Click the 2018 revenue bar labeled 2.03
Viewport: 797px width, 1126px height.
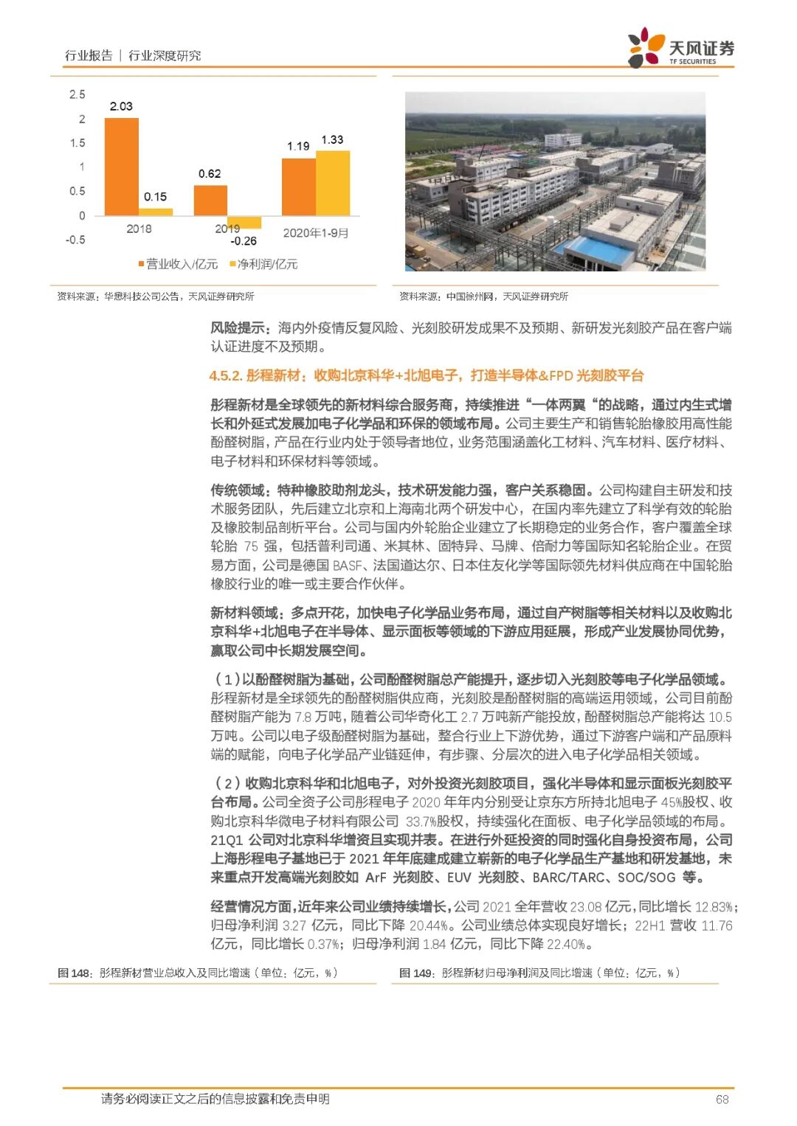(121, 167)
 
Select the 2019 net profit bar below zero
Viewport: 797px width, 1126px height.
(244, 222)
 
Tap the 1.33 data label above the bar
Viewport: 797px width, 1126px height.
(332, 139)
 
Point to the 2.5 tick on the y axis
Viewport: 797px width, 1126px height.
(77, 94)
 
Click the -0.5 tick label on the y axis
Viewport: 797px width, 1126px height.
(75, 240)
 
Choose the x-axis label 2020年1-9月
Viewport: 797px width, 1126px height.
(316, 233)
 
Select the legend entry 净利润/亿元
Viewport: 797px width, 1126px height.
(263, 264)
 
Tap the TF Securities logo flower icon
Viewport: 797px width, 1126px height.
(645, 48)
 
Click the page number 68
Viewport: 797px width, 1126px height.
(722, 1099)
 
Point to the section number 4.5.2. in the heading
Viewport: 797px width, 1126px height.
(226, 375)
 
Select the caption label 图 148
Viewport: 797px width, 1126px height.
(75, 973)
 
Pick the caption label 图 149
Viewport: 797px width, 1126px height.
(417, 973)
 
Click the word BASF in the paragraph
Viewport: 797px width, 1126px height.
(348, 566)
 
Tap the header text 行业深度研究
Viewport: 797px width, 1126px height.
(165, 55)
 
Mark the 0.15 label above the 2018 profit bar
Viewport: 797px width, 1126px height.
(155, 197)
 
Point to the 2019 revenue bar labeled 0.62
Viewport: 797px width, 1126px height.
(210, 200)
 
